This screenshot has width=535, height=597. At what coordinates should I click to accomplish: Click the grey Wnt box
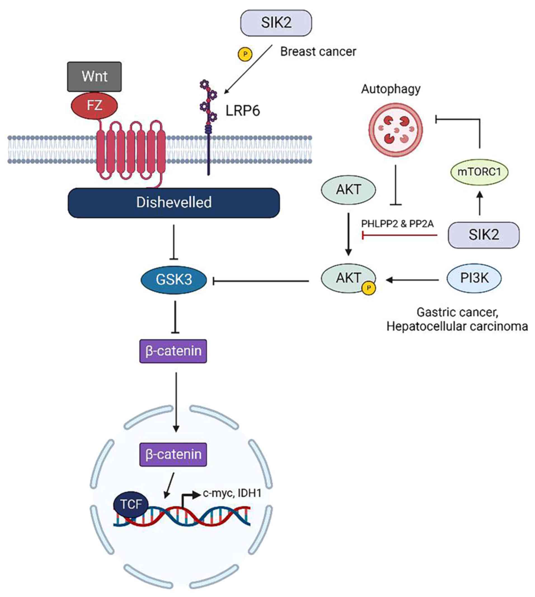tap(94, 76)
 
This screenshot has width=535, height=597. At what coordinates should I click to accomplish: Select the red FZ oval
tap(94, 105)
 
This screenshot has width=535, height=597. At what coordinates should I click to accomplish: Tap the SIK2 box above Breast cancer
tap(276, 23)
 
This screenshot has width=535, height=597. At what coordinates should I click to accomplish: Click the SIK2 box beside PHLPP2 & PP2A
tap(484, 235)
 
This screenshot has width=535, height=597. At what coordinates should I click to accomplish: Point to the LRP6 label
tap(242, 111)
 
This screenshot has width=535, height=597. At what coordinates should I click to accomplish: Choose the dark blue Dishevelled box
tap(174, 203)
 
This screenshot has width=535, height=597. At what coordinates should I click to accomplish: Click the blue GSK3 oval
tap(174, 279)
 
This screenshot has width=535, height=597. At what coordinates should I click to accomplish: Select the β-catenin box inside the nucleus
tap(173, 454)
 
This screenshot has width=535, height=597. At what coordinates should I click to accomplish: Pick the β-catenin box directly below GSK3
tap(173, 351)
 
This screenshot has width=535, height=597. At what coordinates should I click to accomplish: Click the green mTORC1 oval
tap(479, 172)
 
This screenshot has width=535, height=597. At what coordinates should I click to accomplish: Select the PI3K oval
tap(474, 278)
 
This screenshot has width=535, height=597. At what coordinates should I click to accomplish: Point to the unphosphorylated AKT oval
tap(348, 190)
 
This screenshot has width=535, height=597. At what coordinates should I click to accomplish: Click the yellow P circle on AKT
tap(369, 288)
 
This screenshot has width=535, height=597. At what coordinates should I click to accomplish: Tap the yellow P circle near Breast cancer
tap(245, 54)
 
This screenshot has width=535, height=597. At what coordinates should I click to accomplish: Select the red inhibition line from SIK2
tap(400, 235)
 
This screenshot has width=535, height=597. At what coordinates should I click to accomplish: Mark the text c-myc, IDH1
tap(232, 493)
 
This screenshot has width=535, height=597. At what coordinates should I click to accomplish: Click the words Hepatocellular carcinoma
tap(457, 326)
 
